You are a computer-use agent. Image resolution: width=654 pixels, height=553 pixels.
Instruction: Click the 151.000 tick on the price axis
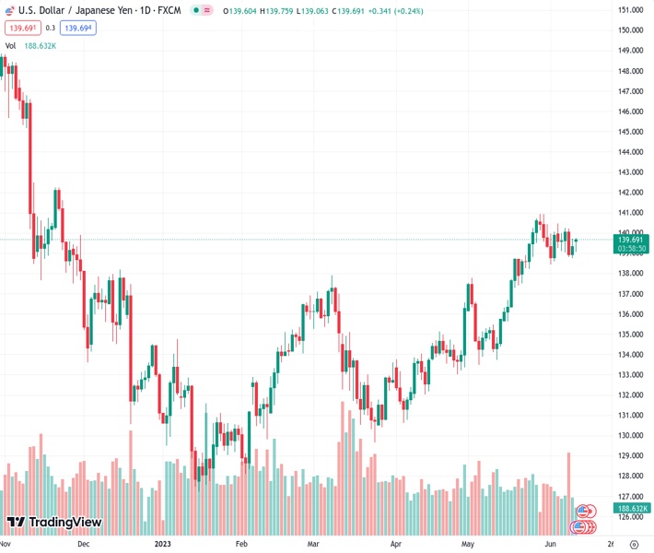630,10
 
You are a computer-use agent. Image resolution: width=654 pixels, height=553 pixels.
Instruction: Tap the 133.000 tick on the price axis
630,375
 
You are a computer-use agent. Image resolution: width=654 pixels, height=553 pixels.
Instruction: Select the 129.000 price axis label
630,456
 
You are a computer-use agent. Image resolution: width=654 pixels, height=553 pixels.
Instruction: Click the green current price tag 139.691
630,240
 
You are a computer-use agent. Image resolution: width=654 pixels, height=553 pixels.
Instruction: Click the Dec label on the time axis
83,544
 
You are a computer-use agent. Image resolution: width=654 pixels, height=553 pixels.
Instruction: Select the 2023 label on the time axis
163,544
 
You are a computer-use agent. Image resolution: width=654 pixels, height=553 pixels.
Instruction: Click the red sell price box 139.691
21,28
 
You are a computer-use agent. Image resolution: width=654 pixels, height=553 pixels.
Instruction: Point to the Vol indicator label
10,45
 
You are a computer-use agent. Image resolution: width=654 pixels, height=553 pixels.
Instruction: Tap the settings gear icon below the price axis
633,544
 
